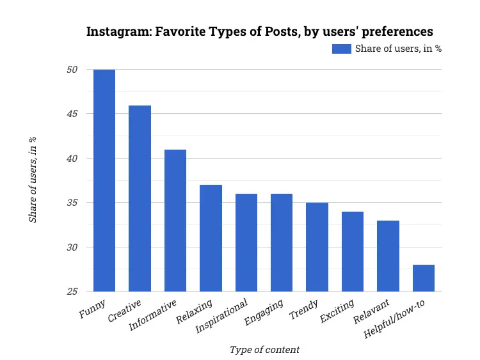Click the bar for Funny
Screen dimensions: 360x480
104,180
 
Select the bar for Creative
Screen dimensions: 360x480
140,198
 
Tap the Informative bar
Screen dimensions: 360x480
175,221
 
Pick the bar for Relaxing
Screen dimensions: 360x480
211,238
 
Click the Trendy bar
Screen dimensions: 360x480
317,247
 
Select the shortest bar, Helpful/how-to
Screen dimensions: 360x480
423,278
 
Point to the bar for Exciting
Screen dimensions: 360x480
353,251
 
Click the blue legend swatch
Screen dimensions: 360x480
341,49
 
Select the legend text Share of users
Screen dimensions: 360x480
397,49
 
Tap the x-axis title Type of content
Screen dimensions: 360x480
264,349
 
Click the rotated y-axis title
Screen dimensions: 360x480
33,180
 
